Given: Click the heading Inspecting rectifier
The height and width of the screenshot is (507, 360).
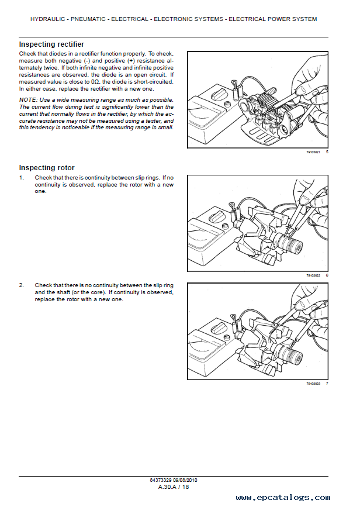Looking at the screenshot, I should click(51, 44).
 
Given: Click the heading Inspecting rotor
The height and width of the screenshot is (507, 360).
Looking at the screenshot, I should click(47, 168).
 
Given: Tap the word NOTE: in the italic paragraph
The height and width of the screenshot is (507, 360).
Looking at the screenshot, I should click(28, 101).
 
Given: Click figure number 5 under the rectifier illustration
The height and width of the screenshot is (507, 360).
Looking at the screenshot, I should click(327, 152).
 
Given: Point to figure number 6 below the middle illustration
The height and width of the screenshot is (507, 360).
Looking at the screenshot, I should click(327, 275).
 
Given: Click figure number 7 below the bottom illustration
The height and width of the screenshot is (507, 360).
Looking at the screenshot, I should click(327, 384).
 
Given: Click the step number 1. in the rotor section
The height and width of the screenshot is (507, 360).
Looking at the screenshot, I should click(22, 177).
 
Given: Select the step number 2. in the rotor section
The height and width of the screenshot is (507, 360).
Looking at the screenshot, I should click(22, 285).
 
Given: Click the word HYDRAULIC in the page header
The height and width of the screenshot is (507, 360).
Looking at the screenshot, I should click(49, 19).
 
